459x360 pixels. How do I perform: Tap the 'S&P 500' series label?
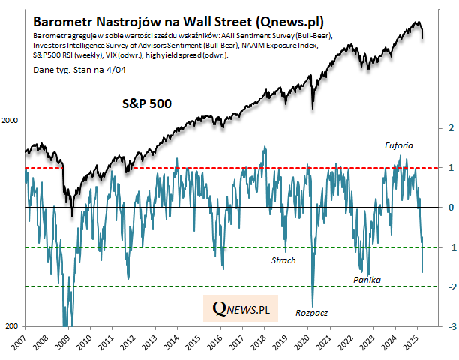click(x=148, y=103)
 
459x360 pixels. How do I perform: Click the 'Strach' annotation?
click(x=283, y=260)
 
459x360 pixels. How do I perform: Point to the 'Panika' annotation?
click(x=367, y=280)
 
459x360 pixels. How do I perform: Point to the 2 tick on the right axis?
click(x=450, y=127)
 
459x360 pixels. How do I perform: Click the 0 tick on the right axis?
click(x=450, y=208)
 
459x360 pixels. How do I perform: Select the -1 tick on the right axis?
click(x=448, y=247)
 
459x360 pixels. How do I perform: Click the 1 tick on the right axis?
click(x=450, y=168)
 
